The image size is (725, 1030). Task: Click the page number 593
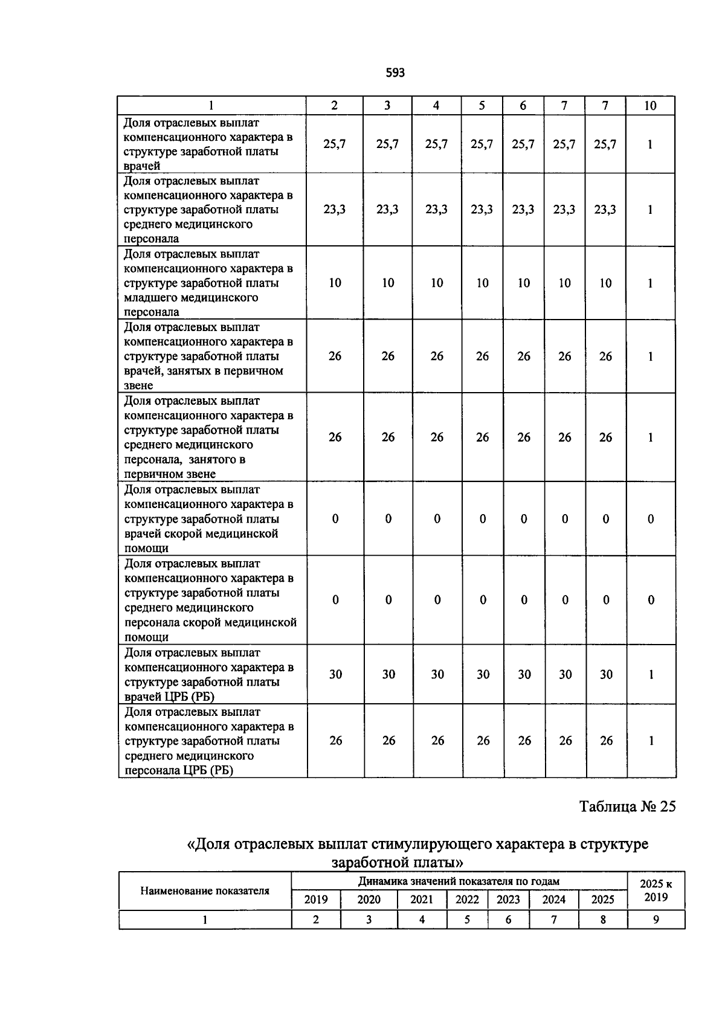(x=395, y=73)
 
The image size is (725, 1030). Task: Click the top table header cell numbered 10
(x=650, y=106)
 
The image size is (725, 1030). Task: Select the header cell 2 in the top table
(x=335, y=106)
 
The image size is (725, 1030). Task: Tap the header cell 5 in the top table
(x=482, y=106)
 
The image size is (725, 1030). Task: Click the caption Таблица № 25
(x=627, y=806)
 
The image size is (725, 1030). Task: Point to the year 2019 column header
(x=316, y=900)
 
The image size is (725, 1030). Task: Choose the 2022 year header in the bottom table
(x=467, y=900)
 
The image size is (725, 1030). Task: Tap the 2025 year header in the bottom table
(x=602, y=900)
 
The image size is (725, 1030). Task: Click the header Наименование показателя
(x=205, y=890)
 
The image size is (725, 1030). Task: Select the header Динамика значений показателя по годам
(x=459, y=881)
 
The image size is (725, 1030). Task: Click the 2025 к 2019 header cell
(x=656, y=890)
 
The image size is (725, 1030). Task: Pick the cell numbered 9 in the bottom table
(x=656, y=919)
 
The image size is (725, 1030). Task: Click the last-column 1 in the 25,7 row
(x=650, y=144)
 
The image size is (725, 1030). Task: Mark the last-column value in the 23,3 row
(x=650, y=210)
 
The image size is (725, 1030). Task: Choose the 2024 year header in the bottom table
(x=553, y=900)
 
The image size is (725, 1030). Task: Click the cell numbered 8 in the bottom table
(x=602, y=919)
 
